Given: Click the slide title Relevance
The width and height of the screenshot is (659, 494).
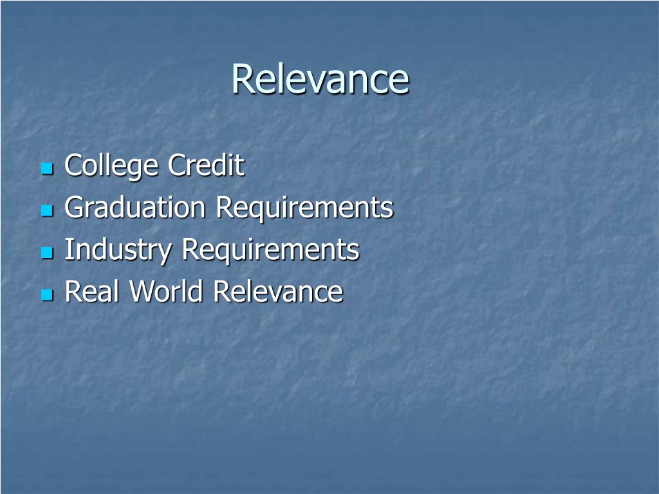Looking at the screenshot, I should point(320,79).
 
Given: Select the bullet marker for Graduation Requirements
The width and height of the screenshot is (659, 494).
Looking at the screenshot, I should point(46,211).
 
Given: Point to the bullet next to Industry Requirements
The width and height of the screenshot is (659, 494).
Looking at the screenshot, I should point(46,253).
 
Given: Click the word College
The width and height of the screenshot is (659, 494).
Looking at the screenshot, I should point(111,167).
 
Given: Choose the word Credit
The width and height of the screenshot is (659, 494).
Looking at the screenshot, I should point(206,165).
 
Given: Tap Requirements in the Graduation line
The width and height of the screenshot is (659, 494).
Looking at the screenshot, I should point(304,208).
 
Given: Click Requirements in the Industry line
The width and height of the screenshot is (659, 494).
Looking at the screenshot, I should point(270,250).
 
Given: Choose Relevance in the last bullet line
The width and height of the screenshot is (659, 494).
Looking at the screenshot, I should point(278,291).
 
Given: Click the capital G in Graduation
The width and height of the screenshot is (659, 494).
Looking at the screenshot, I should point(74,208).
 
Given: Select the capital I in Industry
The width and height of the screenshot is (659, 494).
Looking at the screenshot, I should point(68,250).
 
